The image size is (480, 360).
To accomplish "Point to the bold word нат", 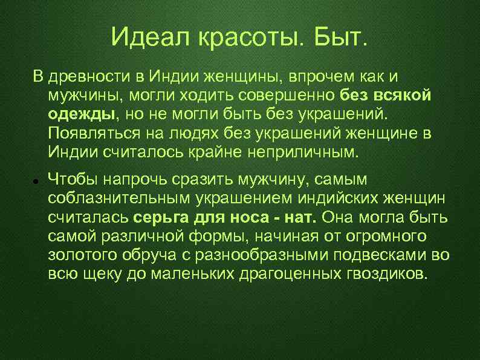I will tap(305, 218).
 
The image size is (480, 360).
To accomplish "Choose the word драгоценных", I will tap(282, 273).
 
